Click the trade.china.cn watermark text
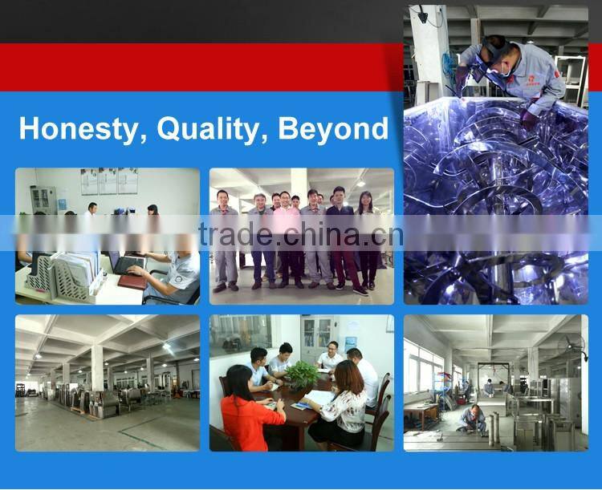pyautogui.click(x=301, y=235)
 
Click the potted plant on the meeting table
pyautogui.click(x=302, y=375)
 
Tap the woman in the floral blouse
pyautogui.click(x=343, y=405)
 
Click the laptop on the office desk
pyautogui.click(x=129, y=264)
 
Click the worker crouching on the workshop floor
pyautogui.click(x=474, y=418)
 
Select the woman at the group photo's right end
pyautogui.click(x=368, y=241)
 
